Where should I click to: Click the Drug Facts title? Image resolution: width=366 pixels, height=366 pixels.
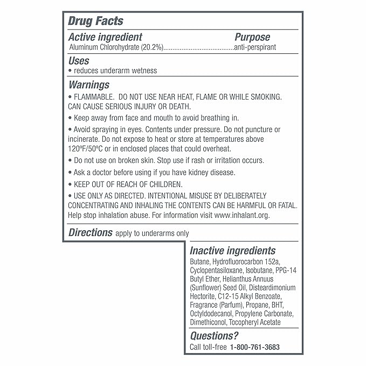(95, 22)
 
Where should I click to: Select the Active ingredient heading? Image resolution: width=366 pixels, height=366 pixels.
(105, 37)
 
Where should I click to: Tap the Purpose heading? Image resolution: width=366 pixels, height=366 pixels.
(252, 37)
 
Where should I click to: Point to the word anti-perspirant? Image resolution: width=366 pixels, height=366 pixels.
(255, 47)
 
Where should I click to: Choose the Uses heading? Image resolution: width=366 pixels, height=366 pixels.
(79, 61)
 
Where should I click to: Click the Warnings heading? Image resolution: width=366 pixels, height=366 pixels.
(89, 85)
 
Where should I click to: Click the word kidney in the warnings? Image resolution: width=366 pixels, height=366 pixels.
(209, 172)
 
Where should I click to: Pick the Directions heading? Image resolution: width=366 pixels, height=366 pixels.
(91, 233)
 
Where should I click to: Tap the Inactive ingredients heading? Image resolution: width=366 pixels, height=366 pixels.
(232, 251)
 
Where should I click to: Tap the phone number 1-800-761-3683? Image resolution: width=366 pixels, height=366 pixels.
(254, 347)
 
